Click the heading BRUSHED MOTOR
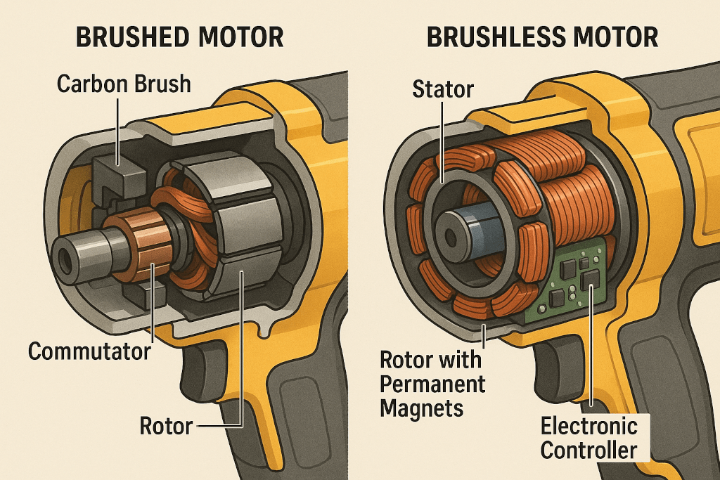[179, 37]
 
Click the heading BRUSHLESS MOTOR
[542, 37]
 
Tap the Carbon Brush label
[124, 84]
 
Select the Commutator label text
[89, 351]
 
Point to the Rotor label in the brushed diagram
[166, 426]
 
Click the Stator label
[443, 89]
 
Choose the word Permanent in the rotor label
[432, 384]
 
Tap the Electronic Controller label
[589, 439]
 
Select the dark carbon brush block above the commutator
[118, 176]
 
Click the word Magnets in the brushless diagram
[422, 408]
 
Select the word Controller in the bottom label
[589, 450]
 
